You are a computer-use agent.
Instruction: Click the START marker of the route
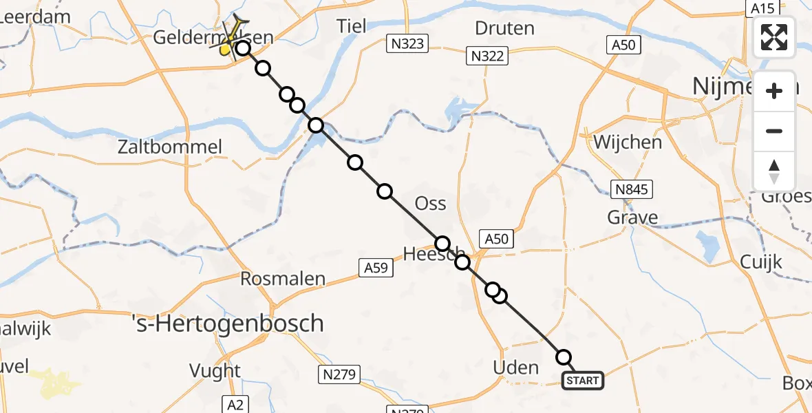[583, 380]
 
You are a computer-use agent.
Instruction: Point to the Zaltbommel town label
[170, 147]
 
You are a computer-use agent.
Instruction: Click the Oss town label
[431, 204]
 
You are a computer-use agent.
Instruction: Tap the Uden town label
[516, 368]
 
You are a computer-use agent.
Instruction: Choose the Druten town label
[504, 28]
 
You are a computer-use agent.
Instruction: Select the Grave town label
[632, 218]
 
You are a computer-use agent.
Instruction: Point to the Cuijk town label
[762, 262]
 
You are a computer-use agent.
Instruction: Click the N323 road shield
[407, 44]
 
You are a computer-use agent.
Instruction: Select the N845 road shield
[632, 190]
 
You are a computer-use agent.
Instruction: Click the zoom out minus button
[774, 131]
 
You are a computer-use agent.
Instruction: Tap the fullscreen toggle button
[774, 37]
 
